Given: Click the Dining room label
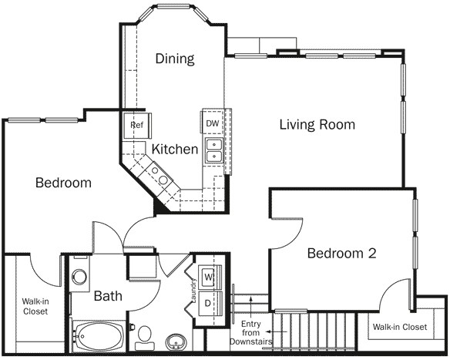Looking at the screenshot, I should (174, 59).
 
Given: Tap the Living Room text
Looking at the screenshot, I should (317, 124).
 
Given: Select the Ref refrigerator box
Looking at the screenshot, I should (137, 125).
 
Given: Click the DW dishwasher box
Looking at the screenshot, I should (212, 123).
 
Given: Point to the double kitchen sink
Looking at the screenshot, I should (213, 150).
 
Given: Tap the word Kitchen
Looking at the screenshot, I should (174, 149).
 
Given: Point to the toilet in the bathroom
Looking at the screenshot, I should (144, 335).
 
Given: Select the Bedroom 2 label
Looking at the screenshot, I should (341, 253).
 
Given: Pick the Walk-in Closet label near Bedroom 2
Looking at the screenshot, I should (399, 327).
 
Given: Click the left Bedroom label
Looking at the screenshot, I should (63, 183).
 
